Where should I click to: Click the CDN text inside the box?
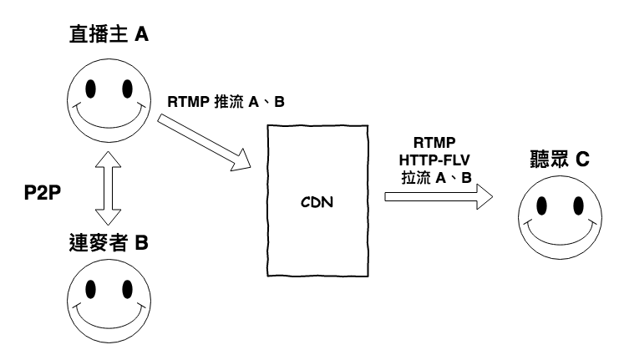coord(317,201)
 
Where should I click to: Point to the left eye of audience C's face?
coord(541,205)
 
